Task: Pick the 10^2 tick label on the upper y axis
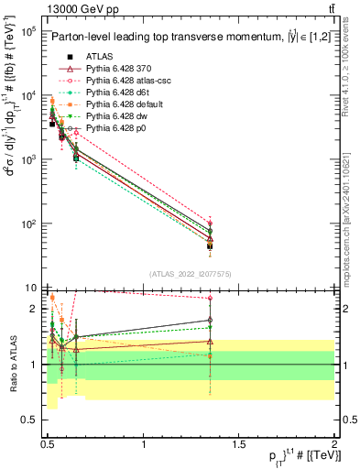(26, 224)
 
